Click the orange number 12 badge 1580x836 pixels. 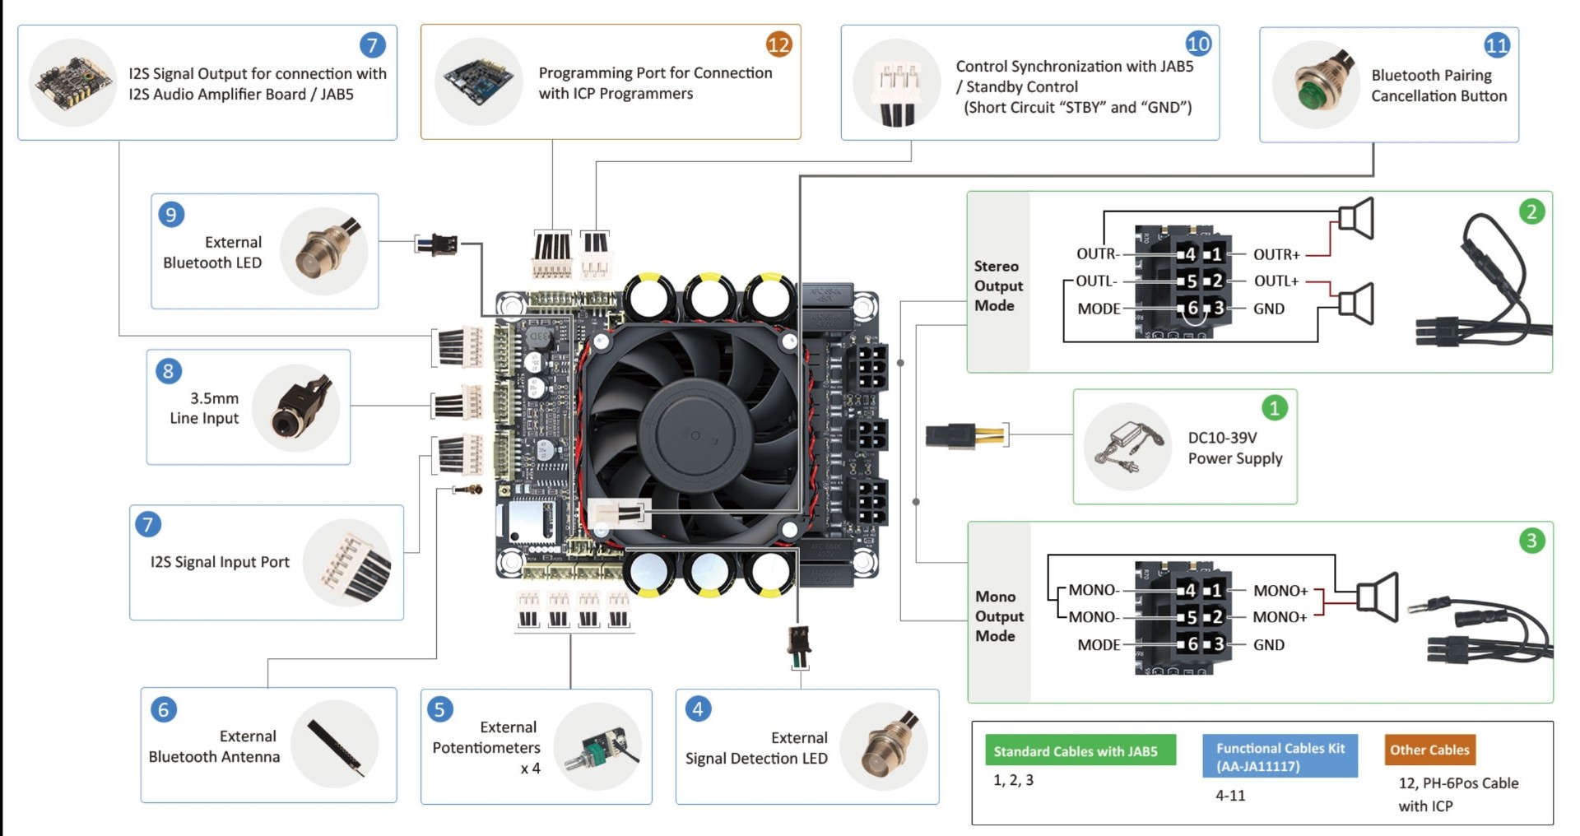click(x=778, y=44)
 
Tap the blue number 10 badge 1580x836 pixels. click(x=1198, y=44)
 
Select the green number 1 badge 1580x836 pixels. click(x=1274, y=408)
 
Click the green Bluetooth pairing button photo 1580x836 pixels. click(x=1316, y=85)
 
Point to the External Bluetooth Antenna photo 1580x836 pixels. click(x=335, y=745)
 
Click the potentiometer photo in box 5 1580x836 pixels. click(x=598, y=747)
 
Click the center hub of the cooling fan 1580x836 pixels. click(x=695, y=434)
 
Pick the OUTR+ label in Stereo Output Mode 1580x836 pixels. click(x=1276, y=254)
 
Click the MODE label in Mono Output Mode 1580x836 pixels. click(x=1099, y=645)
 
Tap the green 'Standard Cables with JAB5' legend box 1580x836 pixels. click(x=1080, y=750)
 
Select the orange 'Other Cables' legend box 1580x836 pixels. click(x=1429, y=750)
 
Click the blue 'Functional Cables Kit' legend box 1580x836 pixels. click(x=1280, y=757)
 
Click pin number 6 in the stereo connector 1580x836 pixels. click(x=1191, y=309)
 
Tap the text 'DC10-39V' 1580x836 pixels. click(x=1222, y=438)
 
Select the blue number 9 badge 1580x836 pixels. click(x=171, y=215)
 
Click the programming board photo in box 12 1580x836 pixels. click(x=478, y=81)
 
